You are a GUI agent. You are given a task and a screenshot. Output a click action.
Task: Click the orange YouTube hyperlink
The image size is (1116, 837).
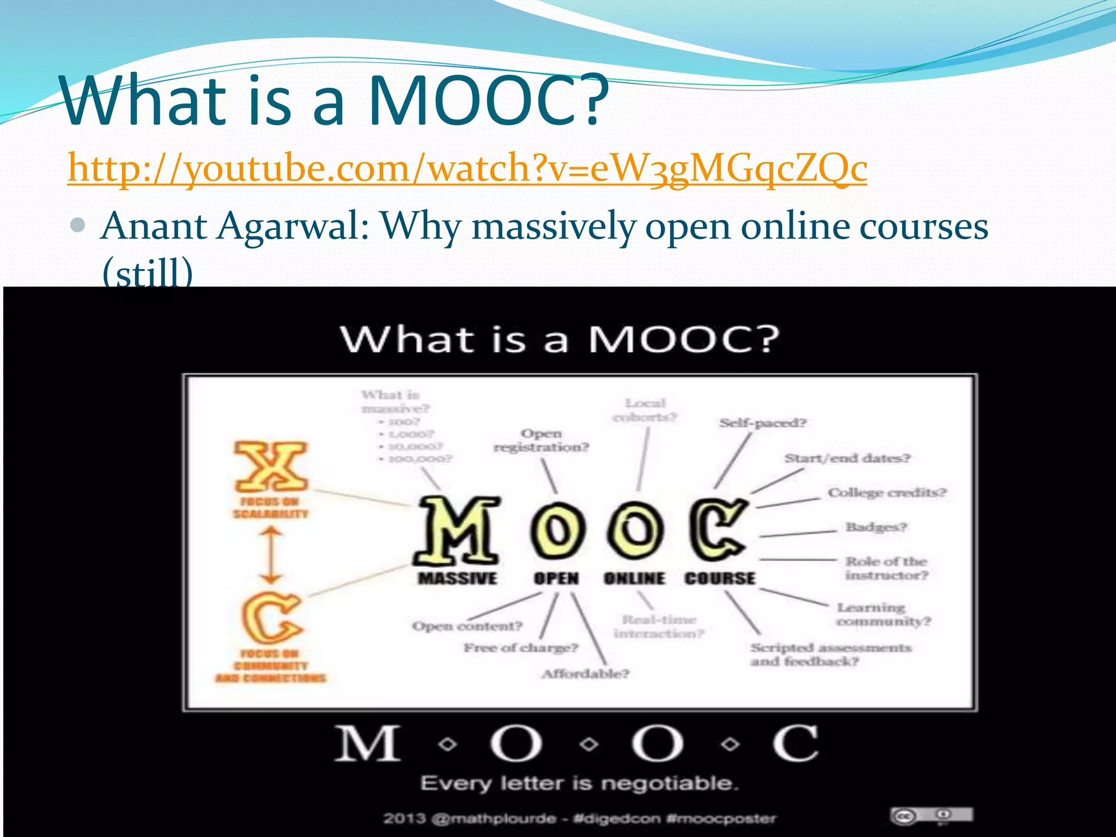pos(467,168)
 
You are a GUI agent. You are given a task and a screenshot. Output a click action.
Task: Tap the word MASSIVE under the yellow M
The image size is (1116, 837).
pos(457,578)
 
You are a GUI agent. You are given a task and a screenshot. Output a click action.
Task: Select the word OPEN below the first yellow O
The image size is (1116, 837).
pos(556,578)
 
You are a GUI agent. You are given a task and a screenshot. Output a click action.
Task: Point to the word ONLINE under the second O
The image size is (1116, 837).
pos(634,578)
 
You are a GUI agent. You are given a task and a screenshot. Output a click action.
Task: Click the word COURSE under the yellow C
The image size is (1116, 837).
pos(720,578)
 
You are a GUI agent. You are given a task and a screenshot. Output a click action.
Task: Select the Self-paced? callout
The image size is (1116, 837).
pos(762,423)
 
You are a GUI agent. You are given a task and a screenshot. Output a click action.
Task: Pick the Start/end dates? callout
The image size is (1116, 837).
pos(847,458)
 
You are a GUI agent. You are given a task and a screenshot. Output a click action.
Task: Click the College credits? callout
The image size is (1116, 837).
pos(887,493)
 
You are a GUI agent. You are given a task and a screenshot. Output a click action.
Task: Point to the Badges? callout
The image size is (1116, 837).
pos(876,527)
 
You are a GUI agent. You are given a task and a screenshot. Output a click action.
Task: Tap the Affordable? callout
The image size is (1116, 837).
pos(585,674)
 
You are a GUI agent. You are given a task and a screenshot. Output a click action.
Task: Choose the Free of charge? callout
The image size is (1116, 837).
pos(520,648)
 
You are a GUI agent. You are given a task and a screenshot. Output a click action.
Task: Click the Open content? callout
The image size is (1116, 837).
pos(467,626)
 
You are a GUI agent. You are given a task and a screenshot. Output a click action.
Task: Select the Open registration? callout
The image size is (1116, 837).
pos(541,440)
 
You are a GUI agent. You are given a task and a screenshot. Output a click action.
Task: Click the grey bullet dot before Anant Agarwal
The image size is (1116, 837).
pos(78,225)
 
